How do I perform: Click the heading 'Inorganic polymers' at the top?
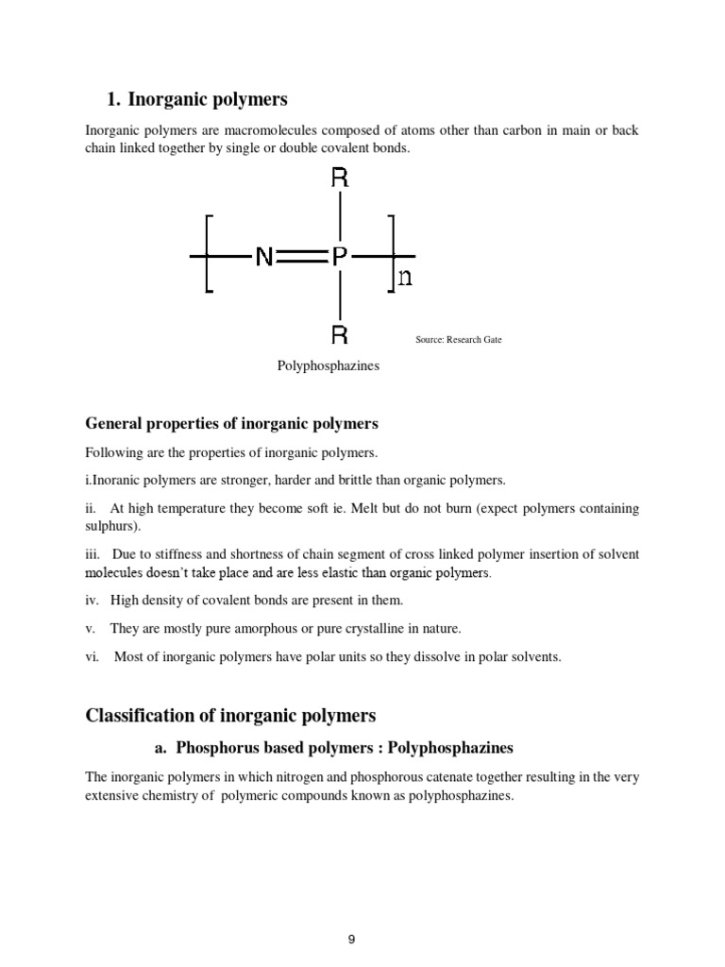[208, 99]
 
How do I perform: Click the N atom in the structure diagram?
[264, 256]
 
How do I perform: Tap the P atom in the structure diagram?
[340, 256]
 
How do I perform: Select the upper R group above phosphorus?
[340, 178]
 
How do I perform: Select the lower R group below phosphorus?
[340, 333]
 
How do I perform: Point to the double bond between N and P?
[302, 256]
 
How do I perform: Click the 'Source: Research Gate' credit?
[459, 339]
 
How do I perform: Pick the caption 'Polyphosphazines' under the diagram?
[328, 365]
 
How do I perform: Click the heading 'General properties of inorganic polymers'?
[231, 423]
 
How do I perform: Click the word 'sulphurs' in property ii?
[110, 526]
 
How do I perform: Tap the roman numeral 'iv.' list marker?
[93, 600]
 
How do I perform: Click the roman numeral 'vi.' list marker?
[93, 656]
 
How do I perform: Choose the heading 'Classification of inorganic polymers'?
[230, 715]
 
